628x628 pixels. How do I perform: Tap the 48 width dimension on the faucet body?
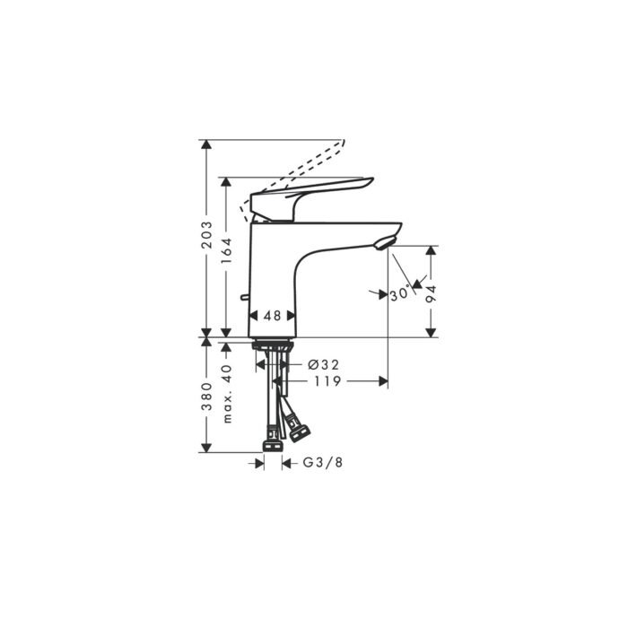coord(273,316)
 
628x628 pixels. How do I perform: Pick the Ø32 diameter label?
coord(322,365)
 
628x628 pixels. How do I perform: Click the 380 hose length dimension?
coord(207,395)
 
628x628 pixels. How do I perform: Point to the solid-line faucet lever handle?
coord(310,193)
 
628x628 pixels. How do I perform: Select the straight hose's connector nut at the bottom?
coord(272,443)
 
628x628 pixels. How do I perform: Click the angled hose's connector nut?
coord(300,435)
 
